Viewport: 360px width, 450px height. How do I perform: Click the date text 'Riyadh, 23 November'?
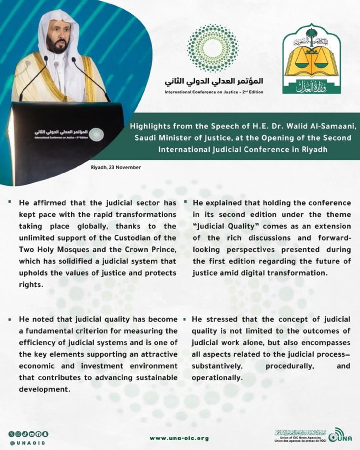[116, 168]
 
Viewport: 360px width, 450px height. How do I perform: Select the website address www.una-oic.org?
[179, 438]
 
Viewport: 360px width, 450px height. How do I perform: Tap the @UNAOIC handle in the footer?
[28, 443]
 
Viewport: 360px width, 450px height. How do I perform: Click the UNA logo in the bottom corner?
[340, 437]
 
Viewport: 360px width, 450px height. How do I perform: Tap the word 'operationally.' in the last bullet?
[217, 378]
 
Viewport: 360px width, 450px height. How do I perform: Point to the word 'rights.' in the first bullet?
[31, 285]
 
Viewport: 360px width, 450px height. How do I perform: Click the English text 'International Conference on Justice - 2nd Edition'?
[214, 92]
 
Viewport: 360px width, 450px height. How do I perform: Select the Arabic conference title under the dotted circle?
[214, 81]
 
